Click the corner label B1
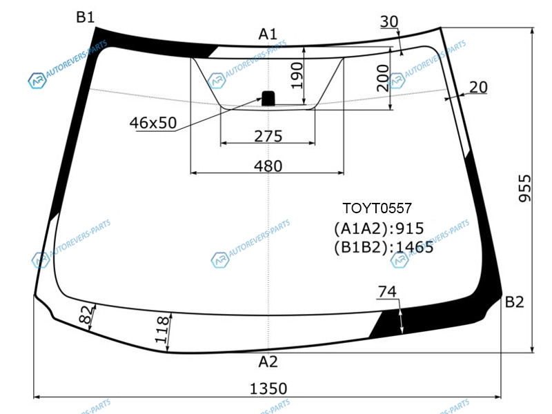point(85,17)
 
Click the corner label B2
point(514,302)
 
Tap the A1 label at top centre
point(268,34)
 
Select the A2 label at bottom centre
point(268,362)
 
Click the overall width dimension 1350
point(268,388)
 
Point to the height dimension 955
point(524,188)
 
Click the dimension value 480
point(268,166)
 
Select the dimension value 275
point(268,136)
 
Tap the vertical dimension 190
point(297,75)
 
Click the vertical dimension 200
point(383,78)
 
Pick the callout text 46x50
point(153,123)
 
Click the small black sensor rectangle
point(268,98)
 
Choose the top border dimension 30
point(389,22)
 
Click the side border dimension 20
point(478,88)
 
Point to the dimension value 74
point(387,291)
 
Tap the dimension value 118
point(161,330)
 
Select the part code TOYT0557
point(377,208)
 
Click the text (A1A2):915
point(379,229)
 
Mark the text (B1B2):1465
point(384,248)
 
